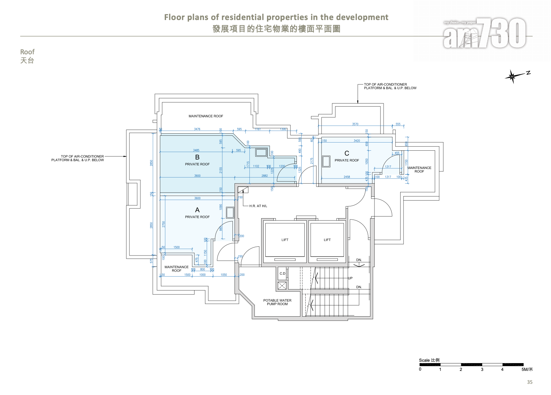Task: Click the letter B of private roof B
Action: point(197,157)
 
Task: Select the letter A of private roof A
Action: point(197,210)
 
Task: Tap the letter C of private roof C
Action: point(347,153)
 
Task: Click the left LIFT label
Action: point(285,240)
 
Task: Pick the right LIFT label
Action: point(327,240)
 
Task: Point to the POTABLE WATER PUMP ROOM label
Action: point(277,302)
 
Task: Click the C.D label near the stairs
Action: point(282,274)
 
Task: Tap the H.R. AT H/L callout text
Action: point(258,206)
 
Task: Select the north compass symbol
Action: point(512,76)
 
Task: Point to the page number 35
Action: point(530,382)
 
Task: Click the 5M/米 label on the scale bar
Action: point(527,370)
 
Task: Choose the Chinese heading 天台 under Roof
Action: point(27,61)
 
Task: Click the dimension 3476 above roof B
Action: point(197,129)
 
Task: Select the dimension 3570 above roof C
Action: point(355,124)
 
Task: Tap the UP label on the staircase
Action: point(350,278)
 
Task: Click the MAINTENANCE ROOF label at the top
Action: point(206,116)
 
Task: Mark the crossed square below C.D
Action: point(282,286)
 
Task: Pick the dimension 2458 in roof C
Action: point(347,177)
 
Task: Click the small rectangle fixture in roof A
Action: point(230,212)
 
